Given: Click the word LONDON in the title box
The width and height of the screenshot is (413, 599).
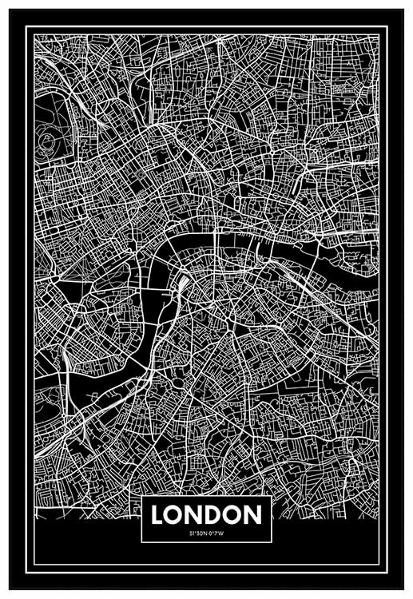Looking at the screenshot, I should [x=206, y=514].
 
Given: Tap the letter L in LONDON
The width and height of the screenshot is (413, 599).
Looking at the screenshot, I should [x=157, y=514].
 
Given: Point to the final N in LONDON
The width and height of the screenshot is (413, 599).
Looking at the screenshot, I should [x=253, y=514].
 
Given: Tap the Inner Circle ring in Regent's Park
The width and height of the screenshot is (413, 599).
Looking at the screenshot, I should [x=48, y=144].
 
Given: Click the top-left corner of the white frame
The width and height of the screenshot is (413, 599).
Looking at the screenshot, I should [x=26, y=26].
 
